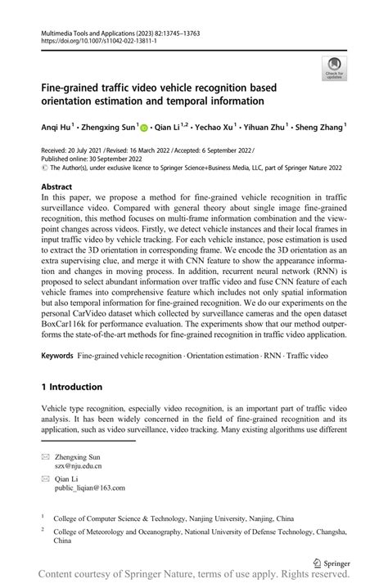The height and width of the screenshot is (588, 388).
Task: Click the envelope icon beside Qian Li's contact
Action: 47,478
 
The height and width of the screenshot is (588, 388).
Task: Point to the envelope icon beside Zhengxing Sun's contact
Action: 47,456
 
